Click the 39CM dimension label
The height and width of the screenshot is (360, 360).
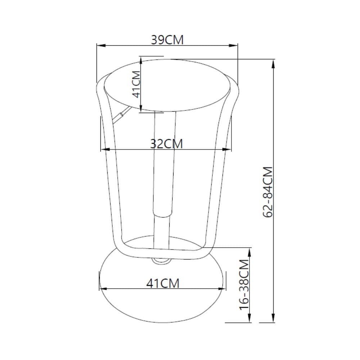167,40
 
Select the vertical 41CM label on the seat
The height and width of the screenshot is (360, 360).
136,84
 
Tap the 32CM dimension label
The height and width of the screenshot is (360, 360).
166,144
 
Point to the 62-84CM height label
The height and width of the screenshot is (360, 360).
268,192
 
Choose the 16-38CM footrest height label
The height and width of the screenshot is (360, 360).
244,285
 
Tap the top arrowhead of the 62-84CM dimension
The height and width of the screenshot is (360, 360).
273,64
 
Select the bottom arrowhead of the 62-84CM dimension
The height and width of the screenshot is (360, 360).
273,318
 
